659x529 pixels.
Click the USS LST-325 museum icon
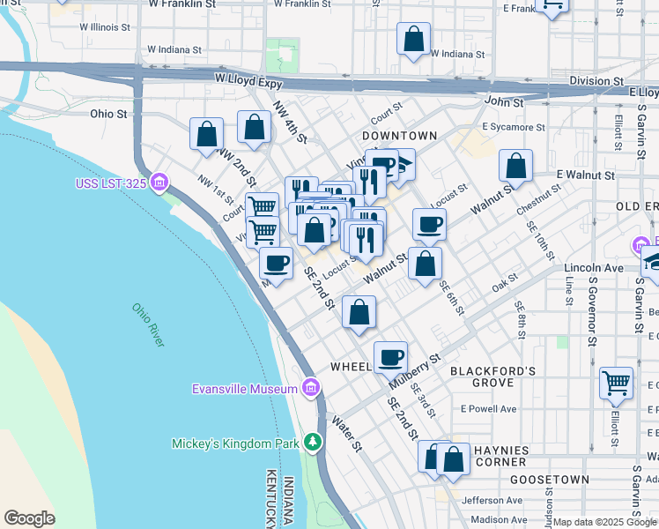(x=159, y=183)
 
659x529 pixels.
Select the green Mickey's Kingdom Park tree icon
(x=311, y=443)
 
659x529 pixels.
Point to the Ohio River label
(x=149, y=324)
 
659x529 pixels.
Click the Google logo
(x=29, y=518)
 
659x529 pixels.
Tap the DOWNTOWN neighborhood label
(x=399, y=136)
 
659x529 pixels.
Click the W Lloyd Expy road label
(x=248, y=79)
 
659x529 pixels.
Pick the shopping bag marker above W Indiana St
(x=413, y=40)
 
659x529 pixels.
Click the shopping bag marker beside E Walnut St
(x=515, y=166)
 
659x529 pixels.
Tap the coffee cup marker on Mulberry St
(x=390, y=358)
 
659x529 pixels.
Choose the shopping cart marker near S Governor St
(x=616, y=384)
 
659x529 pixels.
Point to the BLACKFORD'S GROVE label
(x=493, y=377)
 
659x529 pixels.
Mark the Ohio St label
(x=108, y=114)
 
